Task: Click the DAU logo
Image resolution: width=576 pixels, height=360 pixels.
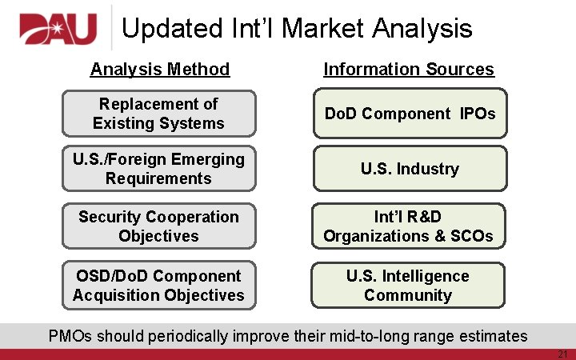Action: tap(58, 30)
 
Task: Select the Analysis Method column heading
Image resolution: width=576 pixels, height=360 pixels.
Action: tap(160, 70)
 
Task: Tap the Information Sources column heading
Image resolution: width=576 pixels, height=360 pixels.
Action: tap(409, 70)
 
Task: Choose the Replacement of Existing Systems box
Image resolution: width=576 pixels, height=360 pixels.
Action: tap(158, 114)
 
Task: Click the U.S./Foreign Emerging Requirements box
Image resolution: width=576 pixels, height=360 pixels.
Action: tap(158, 169)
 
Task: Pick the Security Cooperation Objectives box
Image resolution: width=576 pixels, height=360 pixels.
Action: tap(158, 226)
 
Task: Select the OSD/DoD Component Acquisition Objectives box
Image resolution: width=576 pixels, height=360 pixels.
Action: tap(158, 286)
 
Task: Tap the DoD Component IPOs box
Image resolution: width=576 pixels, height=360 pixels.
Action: tap(410, 114)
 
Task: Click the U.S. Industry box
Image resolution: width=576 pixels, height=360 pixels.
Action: tap(410, 169)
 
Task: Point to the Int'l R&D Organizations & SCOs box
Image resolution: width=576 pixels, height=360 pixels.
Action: tap(410, 226)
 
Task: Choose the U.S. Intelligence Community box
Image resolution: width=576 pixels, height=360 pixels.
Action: tap(410, 286)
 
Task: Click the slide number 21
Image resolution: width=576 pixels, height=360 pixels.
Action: tap(562, 354)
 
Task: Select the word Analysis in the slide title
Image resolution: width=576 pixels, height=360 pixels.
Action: tap(422, 29)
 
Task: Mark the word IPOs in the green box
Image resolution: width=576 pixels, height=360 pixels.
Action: tap(478, 114)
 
